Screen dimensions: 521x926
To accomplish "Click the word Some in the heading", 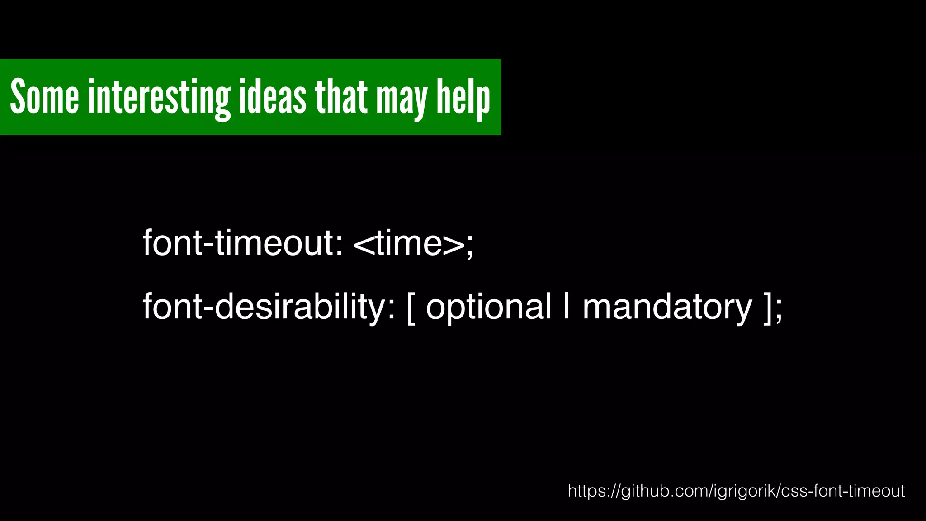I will point(44,96).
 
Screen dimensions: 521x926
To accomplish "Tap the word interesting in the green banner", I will point(159,97).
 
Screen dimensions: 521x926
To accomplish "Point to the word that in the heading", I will point(341,96).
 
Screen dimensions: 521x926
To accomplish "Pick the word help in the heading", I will point(463,98).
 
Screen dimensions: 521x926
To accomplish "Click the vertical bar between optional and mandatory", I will point(567,307).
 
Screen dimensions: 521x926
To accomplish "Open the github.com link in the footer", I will point(736,491).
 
